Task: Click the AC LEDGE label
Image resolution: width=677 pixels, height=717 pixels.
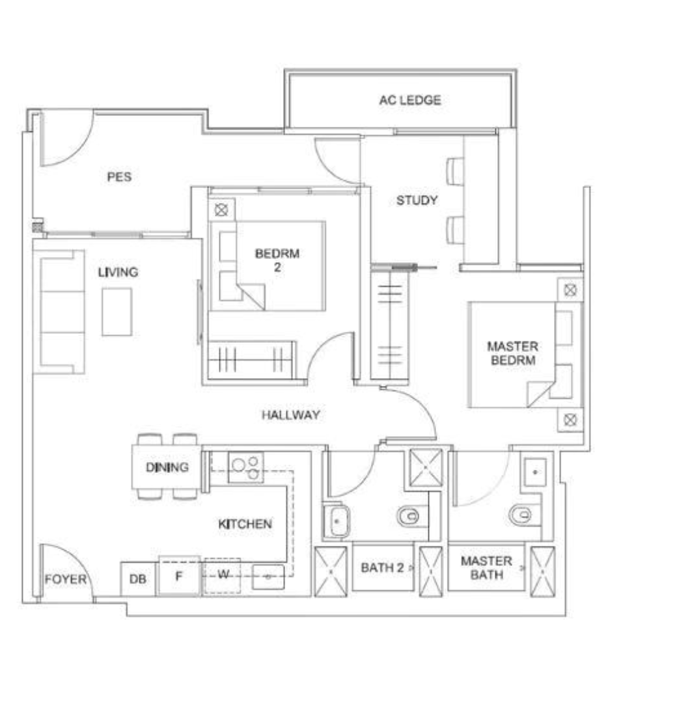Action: point(410,100)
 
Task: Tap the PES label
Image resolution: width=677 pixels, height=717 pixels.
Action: point(119,177)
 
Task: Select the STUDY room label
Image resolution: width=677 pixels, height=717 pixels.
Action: point(417,200)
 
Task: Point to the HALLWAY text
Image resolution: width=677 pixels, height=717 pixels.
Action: point(291,414)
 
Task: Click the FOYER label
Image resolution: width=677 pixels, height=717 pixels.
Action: point(65,579)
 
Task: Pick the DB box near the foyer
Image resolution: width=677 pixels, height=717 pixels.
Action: point(138,579)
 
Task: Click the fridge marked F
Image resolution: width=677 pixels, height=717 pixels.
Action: point(179,576)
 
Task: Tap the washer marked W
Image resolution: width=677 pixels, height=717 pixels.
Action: point(223,576)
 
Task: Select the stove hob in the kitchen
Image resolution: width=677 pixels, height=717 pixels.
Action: point(246,467)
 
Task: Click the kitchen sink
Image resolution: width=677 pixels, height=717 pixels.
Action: point(268,577)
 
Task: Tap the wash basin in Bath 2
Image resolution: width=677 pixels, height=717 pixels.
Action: point(337,521)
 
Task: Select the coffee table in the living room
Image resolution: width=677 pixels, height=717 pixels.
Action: point(117,312)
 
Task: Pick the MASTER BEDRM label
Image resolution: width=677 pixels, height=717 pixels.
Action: point(513,353)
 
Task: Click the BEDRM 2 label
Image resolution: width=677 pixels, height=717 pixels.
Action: point(277,260)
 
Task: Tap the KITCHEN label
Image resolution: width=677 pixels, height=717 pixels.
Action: point(245,524)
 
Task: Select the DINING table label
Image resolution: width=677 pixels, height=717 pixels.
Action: point(167,467)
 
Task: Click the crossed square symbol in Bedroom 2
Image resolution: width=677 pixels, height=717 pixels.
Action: point(221,210)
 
